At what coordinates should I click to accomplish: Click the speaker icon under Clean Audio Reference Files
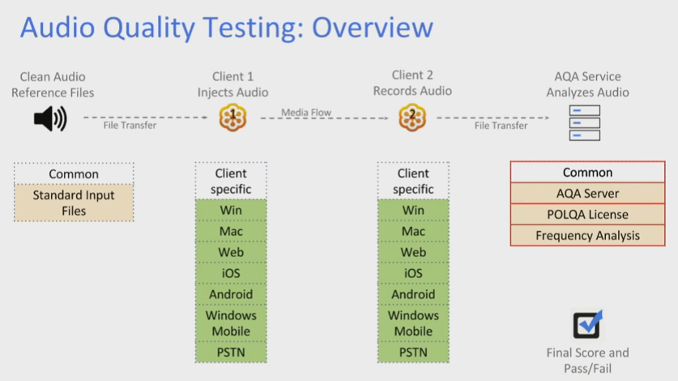point(49,119)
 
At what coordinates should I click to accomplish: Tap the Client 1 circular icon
point(232,118)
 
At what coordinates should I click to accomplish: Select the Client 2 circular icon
point(412,118)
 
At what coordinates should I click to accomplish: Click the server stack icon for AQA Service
point(585,122)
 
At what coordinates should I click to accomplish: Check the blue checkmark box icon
point(587,324)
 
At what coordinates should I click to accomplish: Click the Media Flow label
point(306,113)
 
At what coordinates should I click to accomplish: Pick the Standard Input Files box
point(74,203)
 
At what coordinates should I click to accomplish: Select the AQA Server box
point(588,194)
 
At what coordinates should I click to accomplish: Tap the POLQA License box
point(588,215)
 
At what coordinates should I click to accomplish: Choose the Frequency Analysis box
point(588,236)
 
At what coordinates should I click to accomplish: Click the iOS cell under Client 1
point(232,273)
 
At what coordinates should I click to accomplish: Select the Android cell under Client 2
point(413,294)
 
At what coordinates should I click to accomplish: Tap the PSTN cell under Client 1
point(232,353)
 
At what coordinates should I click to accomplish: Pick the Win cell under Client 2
point(413,210)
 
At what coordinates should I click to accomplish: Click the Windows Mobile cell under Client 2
point(413,323)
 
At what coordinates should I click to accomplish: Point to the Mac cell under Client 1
point(232,231)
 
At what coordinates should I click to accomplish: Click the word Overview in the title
point(373,28)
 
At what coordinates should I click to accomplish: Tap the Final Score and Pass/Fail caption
point(587,360)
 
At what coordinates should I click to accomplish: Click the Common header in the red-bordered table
point(588,173)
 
